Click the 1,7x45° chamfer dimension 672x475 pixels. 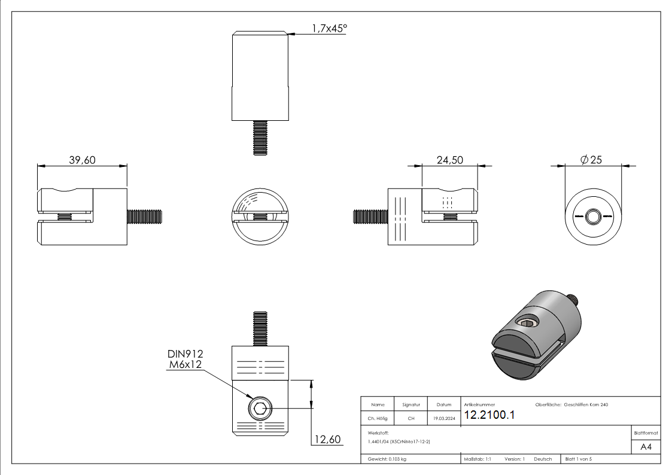329,28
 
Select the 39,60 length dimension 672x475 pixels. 83,160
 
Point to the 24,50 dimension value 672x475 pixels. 449,160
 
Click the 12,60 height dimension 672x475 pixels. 327,440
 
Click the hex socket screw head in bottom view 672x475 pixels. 260,409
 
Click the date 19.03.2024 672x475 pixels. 443,418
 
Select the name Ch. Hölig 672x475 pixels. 378,418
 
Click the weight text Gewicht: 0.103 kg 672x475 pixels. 387,459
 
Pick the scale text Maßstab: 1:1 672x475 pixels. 478,459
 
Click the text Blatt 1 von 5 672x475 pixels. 578,459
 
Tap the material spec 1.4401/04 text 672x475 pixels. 399,441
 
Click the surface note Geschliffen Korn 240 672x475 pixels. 586,404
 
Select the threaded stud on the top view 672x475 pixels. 260,138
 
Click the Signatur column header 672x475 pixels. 411,404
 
